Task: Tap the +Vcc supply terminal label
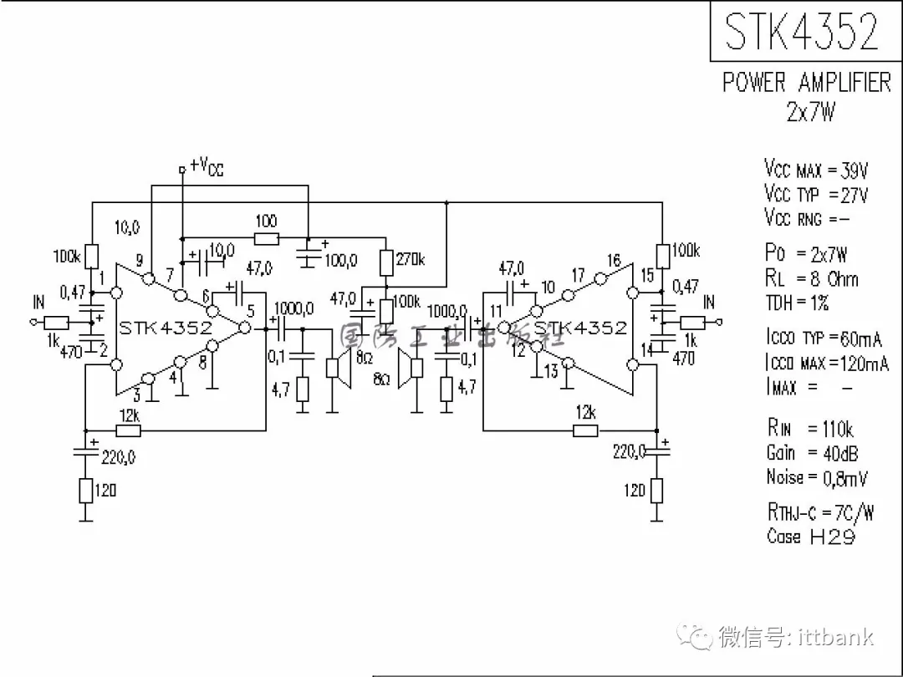coord(207,166)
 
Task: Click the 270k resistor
coord(386,262)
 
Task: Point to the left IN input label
coord(38,303)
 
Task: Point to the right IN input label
coord(709,303)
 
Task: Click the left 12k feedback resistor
coord(128,430)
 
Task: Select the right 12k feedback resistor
coord(585,430)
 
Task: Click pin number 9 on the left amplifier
coord(140,260)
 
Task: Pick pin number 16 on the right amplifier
coord(614,261)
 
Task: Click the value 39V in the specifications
coord(855,171)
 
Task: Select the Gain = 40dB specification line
coord(812,453)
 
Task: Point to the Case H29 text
coord(810,537)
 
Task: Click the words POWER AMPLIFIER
coord(806,83)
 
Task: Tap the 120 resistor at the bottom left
coord(85,491)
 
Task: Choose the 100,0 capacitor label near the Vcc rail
coord(341,261)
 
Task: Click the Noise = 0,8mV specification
coord(817,477)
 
